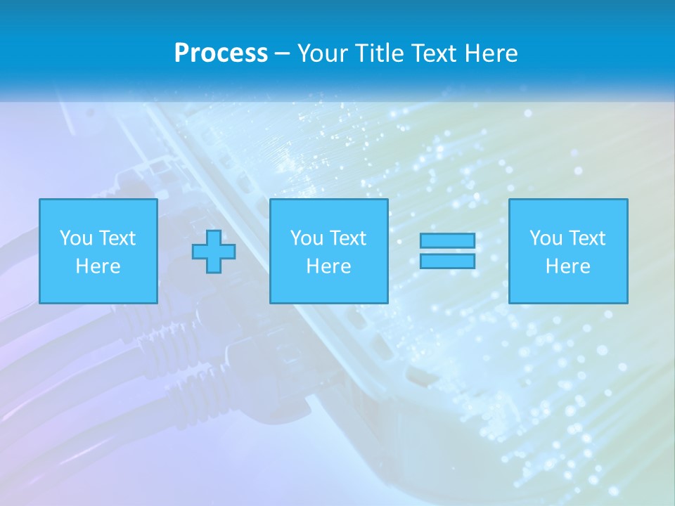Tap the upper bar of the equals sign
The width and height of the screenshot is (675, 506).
click(447, 241)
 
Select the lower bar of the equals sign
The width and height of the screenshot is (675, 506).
click(447, 261)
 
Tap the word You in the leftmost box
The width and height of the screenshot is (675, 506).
click(76, 238)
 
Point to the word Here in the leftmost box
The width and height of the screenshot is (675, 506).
click(98, 266)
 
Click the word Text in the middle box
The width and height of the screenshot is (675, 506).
click(349, 238)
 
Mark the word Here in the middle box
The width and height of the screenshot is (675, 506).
click(329, 266)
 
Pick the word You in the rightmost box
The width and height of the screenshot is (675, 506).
click(546, 238)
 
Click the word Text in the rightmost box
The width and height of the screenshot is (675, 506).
click(588, 238)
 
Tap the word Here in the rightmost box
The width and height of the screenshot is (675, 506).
click(568, 266)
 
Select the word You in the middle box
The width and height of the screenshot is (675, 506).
click(307, 238)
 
